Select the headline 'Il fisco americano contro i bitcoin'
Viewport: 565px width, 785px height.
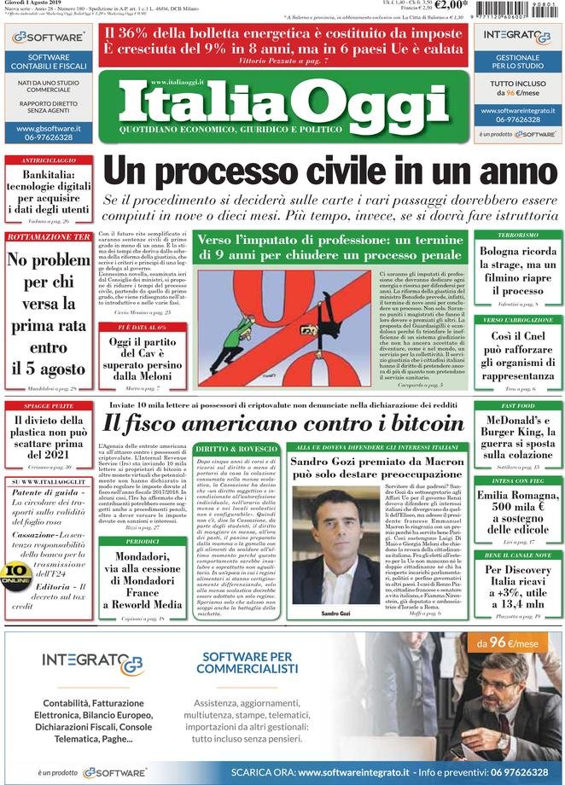(x=282, y=422)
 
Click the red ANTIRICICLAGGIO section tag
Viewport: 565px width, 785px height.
(x=48, y=160)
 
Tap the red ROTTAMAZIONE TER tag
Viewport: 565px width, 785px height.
(x=49, y=236)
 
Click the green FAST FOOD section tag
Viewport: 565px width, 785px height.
(x=518, y=405)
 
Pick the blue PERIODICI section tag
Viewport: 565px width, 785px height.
(x=142, y=541)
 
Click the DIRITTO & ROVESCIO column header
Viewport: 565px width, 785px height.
(x=236, y=448)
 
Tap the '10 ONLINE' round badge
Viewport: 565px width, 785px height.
(x=15, y=573)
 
